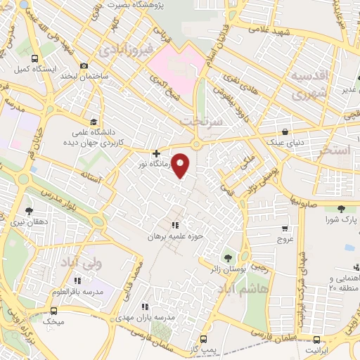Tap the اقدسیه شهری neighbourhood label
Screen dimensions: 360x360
click(x=309, y=83)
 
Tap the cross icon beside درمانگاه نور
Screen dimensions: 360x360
click(x=156, y=153)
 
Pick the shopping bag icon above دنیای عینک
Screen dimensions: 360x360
click(x=285, y=131)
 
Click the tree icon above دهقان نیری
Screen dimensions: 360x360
click(x=29, y=210)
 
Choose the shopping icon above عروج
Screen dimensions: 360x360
click(x=285, y=229)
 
